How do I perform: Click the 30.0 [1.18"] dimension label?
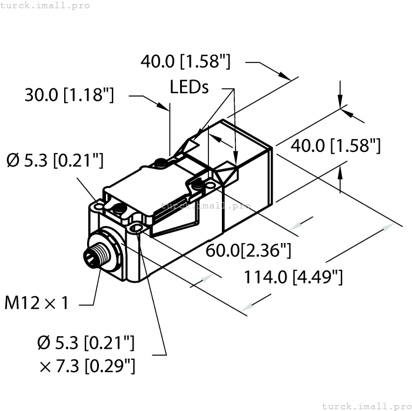click(69, 95)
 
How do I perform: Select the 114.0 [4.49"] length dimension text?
click(294, 277)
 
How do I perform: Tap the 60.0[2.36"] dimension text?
click(248, 250)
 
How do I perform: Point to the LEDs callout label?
click(189, 87)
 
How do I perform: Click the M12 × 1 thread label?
click(36, 303)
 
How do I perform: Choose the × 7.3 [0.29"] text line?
click(87, 366)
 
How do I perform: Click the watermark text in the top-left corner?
click(45, 5)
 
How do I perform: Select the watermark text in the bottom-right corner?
click(367, 406)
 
